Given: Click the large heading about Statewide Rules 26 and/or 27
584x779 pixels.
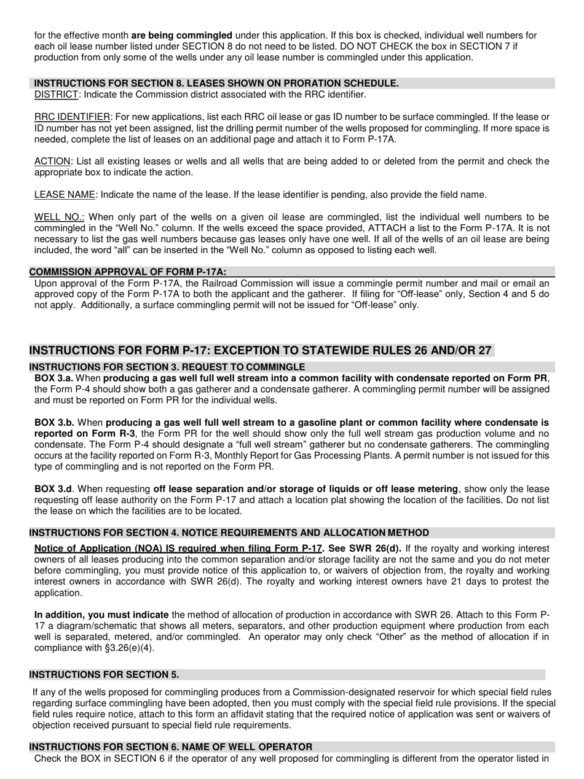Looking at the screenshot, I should click(261, 351).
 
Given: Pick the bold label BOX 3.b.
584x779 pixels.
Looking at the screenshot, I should click(55, 423).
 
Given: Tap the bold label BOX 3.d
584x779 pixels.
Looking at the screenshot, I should click(55, 489).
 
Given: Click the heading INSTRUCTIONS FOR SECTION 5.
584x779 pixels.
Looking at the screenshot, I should click(104, 675).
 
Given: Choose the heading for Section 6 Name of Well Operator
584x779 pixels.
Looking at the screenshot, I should click(170, 747).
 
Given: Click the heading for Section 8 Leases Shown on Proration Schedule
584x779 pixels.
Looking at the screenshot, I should click(216, 84).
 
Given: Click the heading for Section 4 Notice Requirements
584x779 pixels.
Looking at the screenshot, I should click(229, 533).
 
